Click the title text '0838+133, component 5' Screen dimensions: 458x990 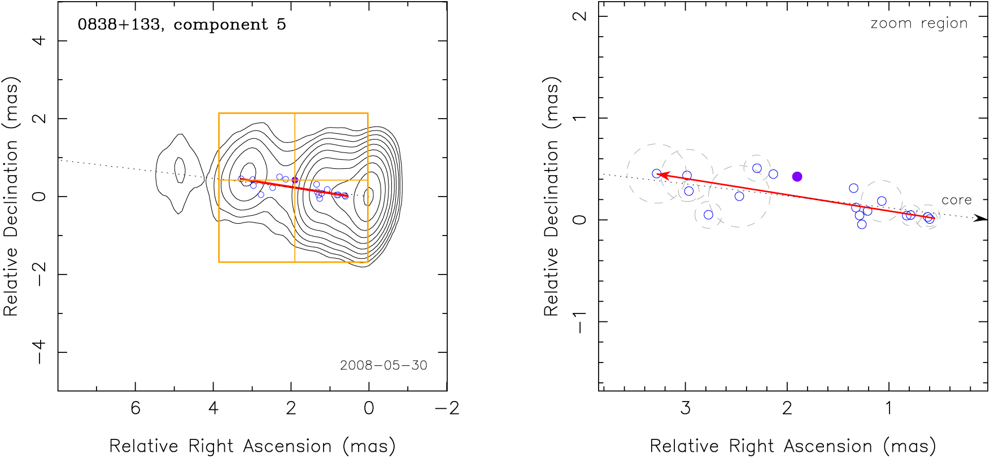(x=181, y=25)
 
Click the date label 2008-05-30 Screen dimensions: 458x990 (x=383, y=365)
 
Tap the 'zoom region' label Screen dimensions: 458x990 (x=919, y=24)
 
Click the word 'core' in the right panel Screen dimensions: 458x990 (x=956, y=200)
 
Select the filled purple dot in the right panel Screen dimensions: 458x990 (x=797, y=177)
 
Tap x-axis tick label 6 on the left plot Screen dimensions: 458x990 (x=136, y=408)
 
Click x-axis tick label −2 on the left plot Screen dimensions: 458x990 (x=447, y=408)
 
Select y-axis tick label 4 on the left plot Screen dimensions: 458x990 (x=39, y=41)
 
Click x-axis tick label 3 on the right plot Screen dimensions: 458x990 (x=686, y=408)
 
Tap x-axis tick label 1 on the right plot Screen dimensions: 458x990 (x=889, y=408)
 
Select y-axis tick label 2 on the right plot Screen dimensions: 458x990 (x=579, y=16)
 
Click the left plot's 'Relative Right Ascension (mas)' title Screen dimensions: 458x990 (x=252, y=446)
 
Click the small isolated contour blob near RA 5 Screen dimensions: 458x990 (x=179, y=169)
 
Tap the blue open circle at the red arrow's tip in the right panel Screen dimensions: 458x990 (x=656, y=174)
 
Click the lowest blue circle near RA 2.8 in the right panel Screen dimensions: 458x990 (x=708, y=215)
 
